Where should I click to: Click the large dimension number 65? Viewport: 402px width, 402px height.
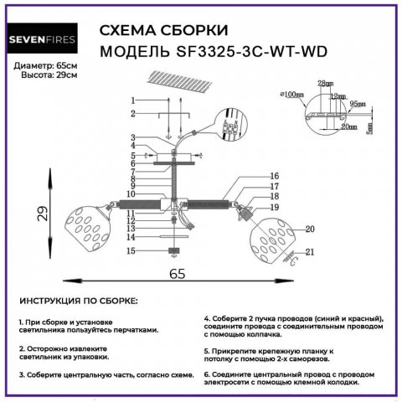[177, 273]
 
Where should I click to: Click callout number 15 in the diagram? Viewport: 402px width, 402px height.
[131, 250]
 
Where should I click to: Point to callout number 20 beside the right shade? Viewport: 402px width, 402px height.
[309, 229]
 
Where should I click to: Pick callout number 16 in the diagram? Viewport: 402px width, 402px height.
[273, 176]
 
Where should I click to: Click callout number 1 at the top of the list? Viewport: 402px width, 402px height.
[132, 100]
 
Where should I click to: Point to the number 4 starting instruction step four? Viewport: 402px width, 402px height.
[206, 319]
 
